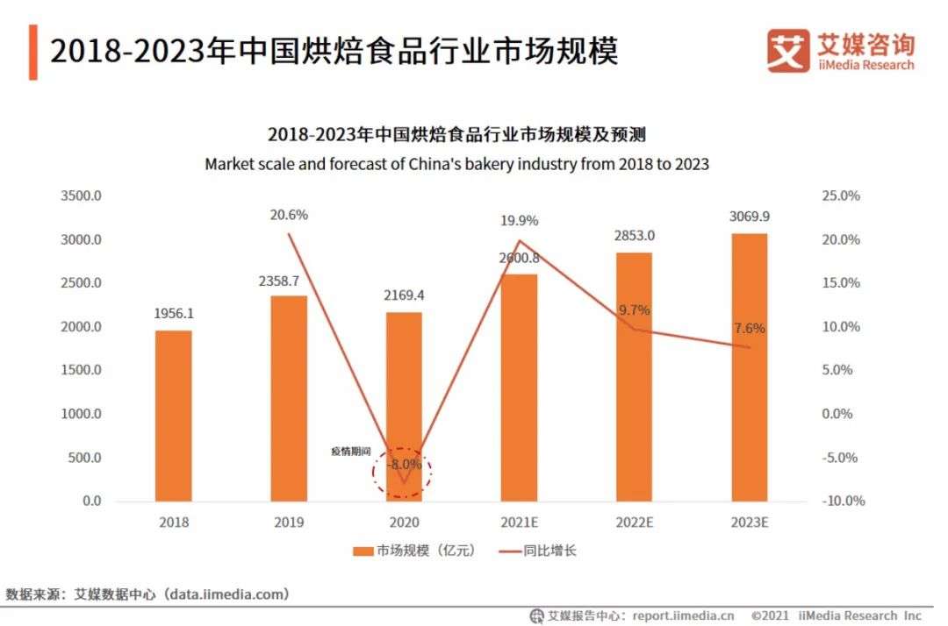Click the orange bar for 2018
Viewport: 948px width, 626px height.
point(174,416)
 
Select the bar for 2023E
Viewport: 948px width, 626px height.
point(748,367)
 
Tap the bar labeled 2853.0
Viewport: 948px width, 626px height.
point(633,377)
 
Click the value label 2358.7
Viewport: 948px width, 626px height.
point(289,282)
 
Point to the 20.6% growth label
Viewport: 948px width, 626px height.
point(289,215)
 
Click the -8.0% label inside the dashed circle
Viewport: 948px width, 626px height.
point(403,466)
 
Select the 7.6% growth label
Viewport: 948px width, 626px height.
point(748,329)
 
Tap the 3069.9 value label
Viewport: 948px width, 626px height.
point(748,217)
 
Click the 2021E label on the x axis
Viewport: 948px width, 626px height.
point(519,523)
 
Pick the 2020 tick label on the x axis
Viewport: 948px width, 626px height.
point(404,523)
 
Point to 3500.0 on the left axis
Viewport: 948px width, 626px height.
point(81,196)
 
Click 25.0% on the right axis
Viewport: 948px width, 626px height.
point(841,196)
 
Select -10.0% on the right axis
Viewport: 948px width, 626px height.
point(843,502)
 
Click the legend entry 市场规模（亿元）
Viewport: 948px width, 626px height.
point(413,551)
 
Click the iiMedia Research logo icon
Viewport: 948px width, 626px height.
point(787,51)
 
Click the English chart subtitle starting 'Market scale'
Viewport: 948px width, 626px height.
point(456,164)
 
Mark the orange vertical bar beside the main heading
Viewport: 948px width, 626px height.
point(32,52)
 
